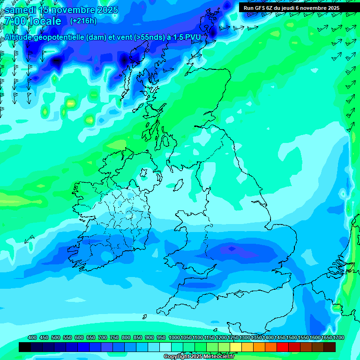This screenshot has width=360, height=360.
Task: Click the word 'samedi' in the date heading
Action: point(21,10)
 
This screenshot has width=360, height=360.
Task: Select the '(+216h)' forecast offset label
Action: point(83,21)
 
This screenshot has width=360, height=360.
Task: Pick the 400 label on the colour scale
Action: point(32,337)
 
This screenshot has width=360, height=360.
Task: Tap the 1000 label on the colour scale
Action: point(174,337)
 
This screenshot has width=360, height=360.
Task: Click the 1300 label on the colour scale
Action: point(245,337)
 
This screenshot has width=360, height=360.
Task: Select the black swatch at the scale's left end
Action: point(25,347)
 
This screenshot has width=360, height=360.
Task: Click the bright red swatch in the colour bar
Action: point(283,347)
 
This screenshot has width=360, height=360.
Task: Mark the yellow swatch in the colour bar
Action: point(236,347)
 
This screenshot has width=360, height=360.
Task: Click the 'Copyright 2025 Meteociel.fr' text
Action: point(199,356)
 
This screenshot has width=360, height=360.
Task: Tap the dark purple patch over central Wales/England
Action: point(231,248)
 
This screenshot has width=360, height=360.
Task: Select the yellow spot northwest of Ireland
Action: point(70,103)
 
